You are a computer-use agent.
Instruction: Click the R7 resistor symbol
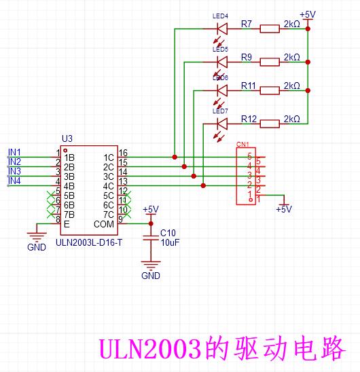pos(270,29)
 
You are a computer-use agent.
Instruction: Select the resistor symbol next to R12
pos(270,124)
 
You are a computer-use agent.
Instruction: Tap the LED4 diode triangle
pos(222,29)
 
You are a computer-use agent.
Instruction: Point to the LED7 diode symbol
pos(222,124)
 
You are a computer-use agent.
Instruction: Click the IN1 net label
pos(14,152)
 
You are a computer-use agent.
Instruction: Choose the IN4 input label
pos(14,181)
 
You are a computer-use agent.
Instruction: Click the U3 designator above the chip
pos(67,138)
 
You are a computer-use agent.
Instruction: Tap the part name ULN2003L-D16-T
pos(89,242)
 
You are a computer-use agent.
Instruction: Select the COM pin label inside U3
pos(104,224)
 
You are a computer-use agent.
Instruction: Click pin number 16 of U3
pos(123,153)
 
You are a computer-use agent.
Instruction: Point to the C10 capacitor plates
pos(151,238)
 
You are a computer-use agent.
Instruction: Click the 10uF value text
pos(170,242)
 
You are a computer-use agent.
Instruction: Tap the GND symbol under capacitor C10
pos(151,264)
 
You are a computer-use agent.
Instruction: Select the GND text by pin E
pos(37,247)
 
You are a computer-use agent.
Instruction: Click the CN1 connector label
pos(242,144)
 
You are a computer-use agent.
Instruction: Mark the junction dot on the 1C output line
pos(175,157)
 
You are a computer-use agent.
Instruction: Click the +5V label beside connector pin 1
pos(284,209)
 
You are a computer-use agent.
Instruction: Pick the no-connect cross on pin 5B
pos(51,196)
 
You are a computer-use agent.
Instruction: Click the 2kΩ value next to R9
pos(292,57)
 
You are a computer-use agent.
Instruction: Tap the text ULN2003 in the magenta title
pos(149,349)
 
